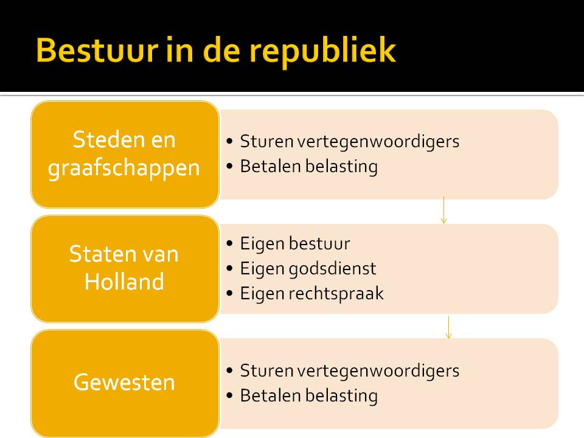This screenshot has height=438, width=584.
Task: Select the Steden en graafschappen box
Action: click(125, 154)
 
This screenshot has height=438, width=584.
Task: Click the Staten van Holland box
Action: click(125, 268)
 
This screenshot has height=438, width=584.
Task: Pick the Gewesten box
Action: click(125, 382)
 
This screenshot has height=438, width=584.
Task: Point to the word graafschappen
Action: click(125, 167)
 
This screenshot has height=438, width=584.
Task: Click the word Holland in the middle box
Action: click(125, 282)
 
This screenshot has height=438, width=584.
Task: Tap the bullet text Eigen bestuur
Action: click(295, 244)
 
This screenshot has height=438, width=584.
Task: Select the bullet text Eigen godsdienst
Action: click(308, 268)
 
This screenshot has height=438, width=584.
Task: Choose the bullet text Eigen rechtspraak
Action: click(311, 293)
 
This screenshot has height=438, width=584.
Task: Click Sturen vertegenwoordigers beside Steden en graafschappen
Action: click(349, 142)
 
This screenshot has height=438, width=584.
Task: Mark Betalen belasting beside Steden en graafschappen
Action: click(308, 166)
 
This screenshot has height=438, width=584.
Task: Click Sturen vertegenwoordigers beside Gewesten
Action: click(349, 370)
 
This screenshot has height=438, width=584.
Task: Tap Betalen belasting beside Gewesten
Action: click(308, 395)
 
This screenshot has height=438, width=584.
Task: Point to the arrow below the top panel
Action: click(443, 210)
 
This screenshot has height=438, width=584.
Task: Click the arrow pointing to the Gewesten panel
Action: click(448, 327)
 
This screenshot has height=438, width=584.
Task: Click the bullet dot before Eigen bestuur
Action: click(229, 244)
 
